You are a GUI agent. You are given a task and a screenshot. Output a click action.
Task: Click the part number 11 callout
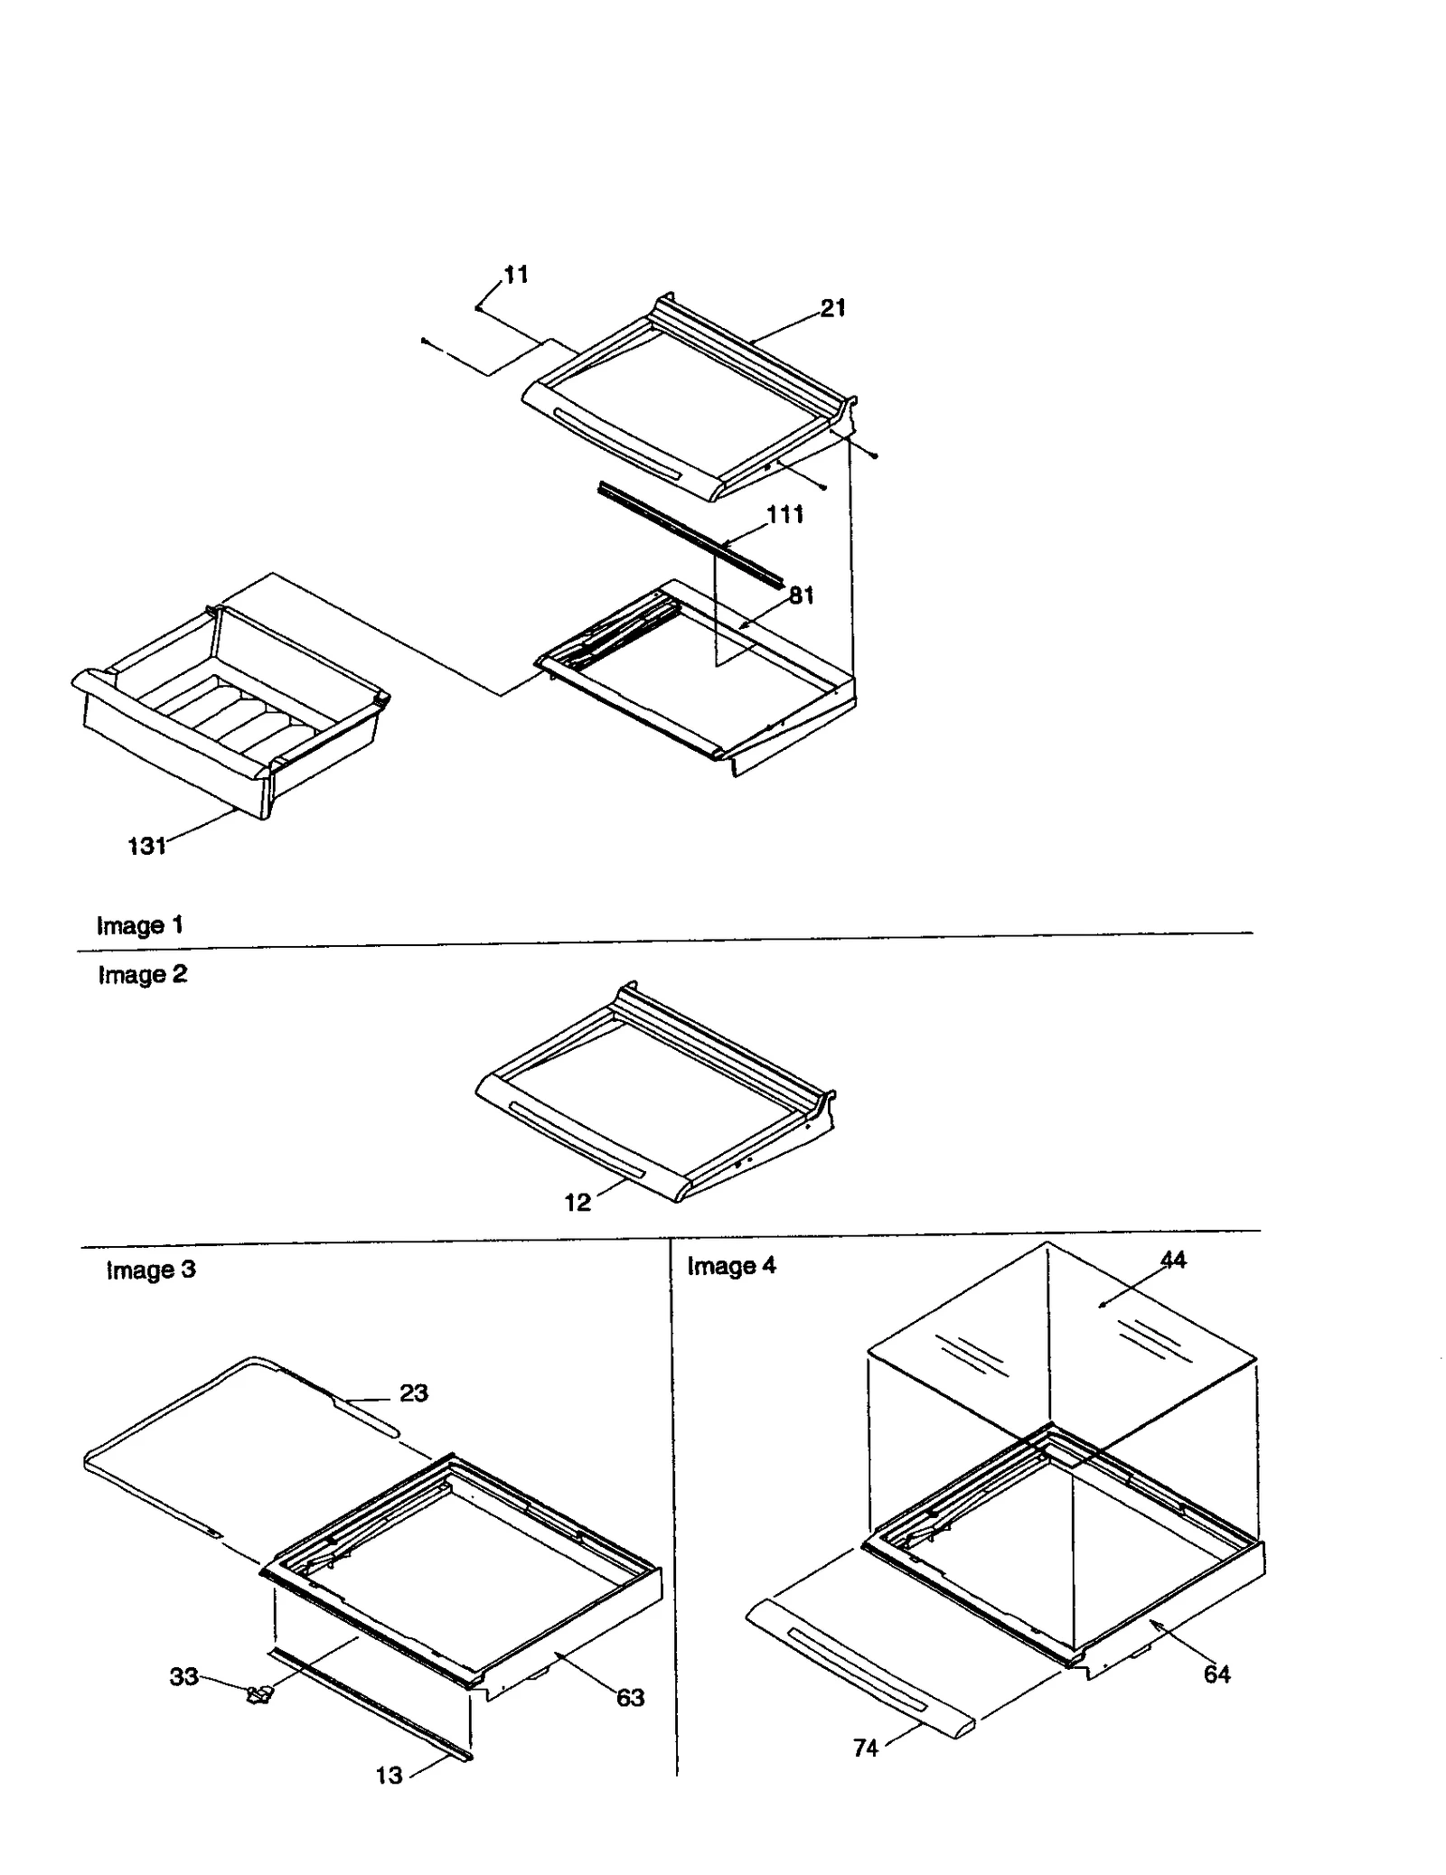(x=515, y=274)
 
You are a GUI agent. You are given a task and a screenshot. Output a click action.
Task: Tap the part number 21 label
(x=832, y=308)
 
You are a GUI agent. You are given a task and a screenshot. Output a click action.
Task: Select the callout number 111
(x=784, y=514)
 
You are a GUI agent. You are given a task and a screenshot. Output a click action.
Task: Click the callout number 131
(x=146, y=846)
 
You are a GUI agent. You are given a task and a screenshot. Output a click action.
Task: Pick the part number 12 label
(x=577, y=1202)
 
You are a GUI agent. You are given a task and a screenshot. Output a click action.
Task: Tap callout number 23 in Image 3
(x=413, y=1392)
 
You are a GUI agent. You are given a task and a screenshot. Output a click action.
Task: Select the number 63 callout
(x=630, y=1698)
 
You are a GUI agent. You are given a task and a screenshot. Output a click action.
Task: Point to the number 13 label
(x=389, y=1776)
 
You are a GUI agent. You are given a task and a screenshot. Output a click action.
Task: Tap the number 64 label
(x=1216, y=1674)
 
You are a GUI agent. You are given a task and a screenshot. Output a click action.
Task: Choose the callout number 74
(x=865, y=1748)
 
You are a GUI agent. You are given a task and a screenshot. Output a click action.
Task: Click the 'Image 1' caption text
(x=139, y=925)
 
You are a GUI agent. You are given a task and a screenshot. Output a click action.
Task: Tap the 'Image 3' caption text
(x=150, y=1270)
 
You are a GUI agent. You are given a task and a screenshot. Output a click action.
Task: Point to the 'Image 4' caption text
(x=731, y=1266)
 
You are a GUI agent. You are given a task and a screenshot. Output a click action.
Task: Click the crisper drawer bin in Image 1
(x=226, y=714)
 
